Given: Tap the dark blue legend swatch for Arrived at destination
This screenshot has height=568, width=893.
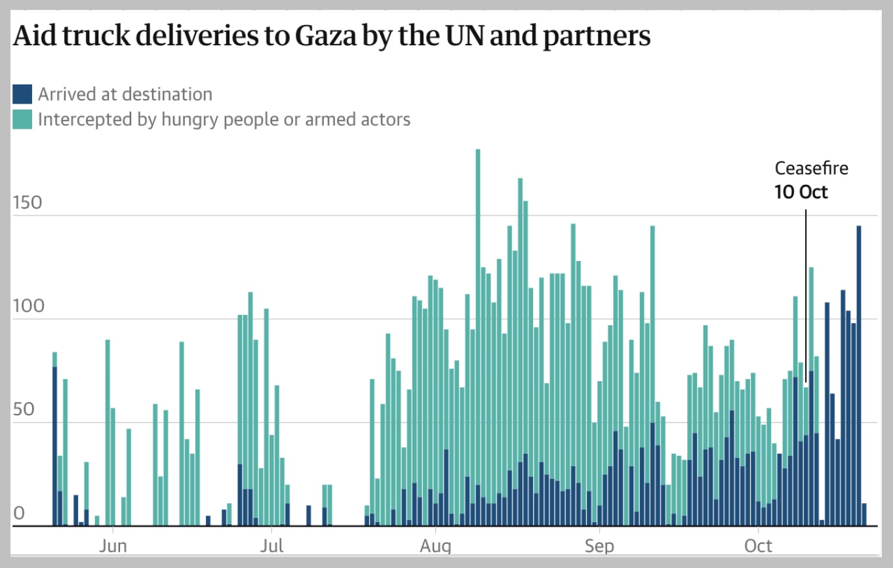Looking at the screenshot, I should pyautogui.click(x=22, y=94).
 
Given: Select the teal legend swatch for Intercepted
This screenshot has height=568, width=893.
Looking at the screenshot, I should pyautogui.click(x=22, y=119).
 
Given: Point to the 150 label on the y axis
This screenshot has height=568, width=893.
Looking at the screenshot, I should pyautogui.click(x=28, y=203).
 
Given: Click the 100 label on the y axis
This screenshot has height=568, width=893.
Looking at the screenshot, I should pyautogui.click(x=28, y=306).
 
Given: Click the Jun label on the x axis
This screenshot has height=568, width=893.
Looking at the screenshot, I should pyautogui.click(x=113, y=546).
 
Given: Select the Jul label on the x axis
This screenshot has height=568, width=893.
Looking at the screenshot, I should pyautogui.click(x=271, y=546).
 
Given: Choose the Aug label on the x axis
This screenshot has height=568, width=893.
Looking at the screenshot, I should pyautogui.click(x=434, y=546).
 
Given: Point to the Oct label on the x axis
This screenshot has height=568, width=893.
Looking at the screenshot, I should pyautogui.click(x=758, y=546).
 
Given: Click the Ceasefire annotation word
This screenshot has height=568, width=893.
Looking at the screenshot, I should pyautogui.click(x=811, y=169).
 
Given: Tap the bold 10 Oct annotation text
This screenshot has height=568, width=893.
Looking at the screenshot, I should pyautogui.click(x=801, y=192).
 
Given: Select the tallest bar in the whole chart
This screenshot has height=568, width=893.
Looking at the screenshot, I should pyautogui.click(x=478, y=328).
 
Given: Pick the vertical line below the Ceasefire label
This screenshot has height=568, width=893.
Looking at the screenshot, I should pyautogui.click(x=806, y=295).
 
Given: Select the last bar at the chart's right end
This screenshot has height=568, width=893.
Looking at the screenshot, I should pyautogui.click(x=864, y=515).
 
